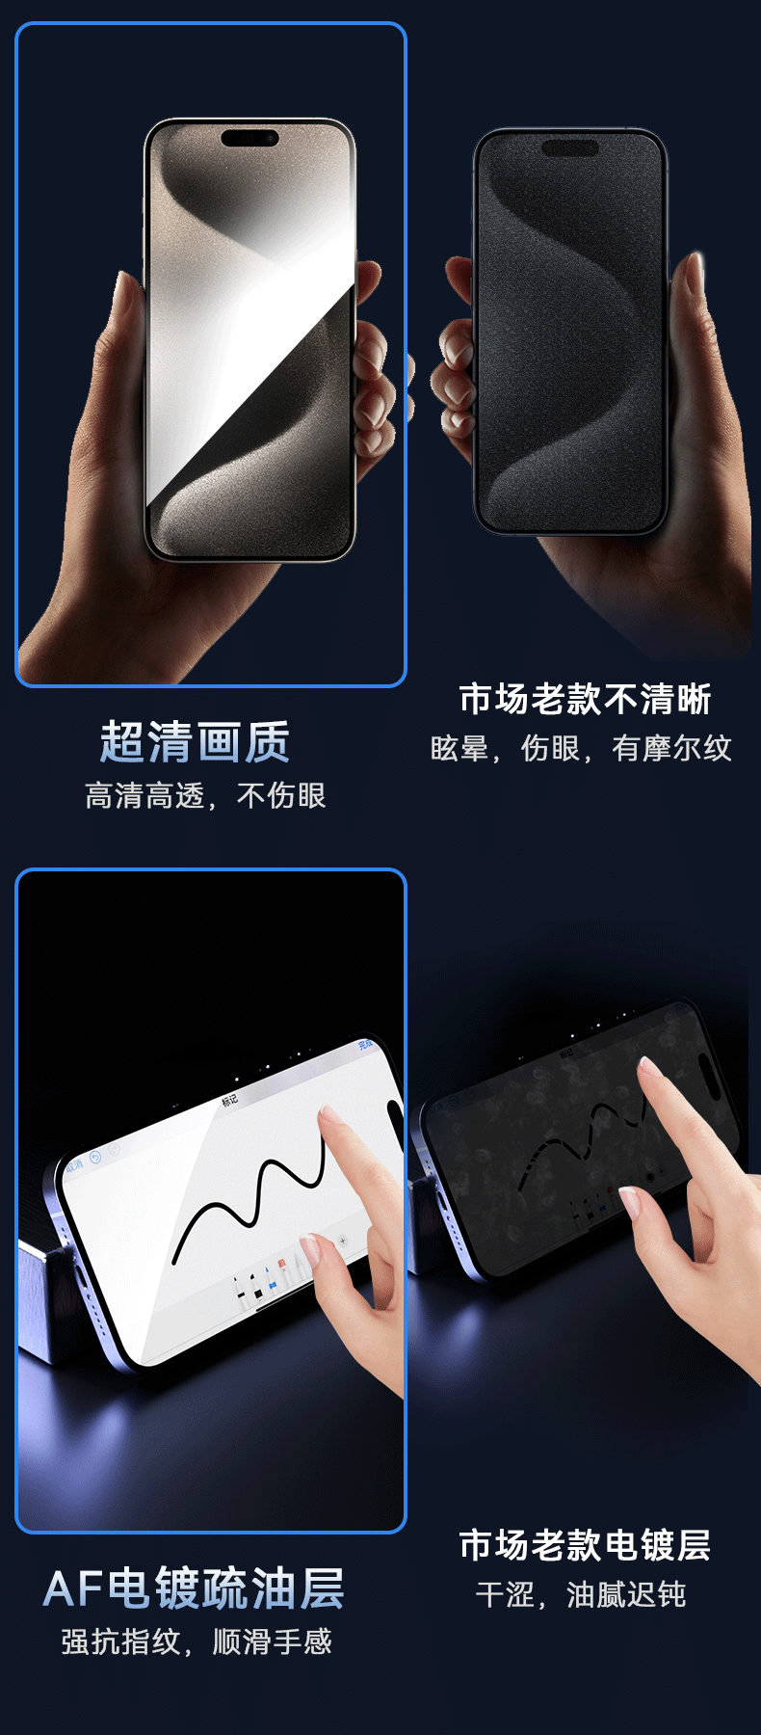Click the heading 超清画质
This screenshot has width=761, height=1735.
[195, 742]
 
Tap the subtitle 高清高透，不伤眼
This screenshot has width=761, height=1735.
[205, 796]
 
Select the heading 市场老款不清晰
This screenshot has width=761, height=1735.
[585, 699]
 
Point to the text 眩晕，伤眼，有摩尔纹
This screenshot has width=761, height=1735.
[581, 748]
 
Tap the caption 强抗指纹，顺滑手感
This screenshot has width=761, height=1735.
[197, 1642]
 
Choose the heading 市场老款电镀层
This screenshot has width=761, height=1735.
[585, 1545]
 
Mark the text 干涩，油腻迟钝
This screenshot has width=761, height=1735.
[581, 1594]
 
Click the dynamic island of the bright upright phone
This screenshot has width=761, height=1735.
[250, 138]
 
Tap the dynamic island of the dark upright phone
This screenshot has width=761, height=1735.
[570, 147]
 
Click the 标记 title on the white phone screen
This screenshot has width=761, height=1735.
[229, 1100]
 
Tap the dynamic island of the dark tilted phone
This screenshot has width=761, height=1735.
[709, 1063]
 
